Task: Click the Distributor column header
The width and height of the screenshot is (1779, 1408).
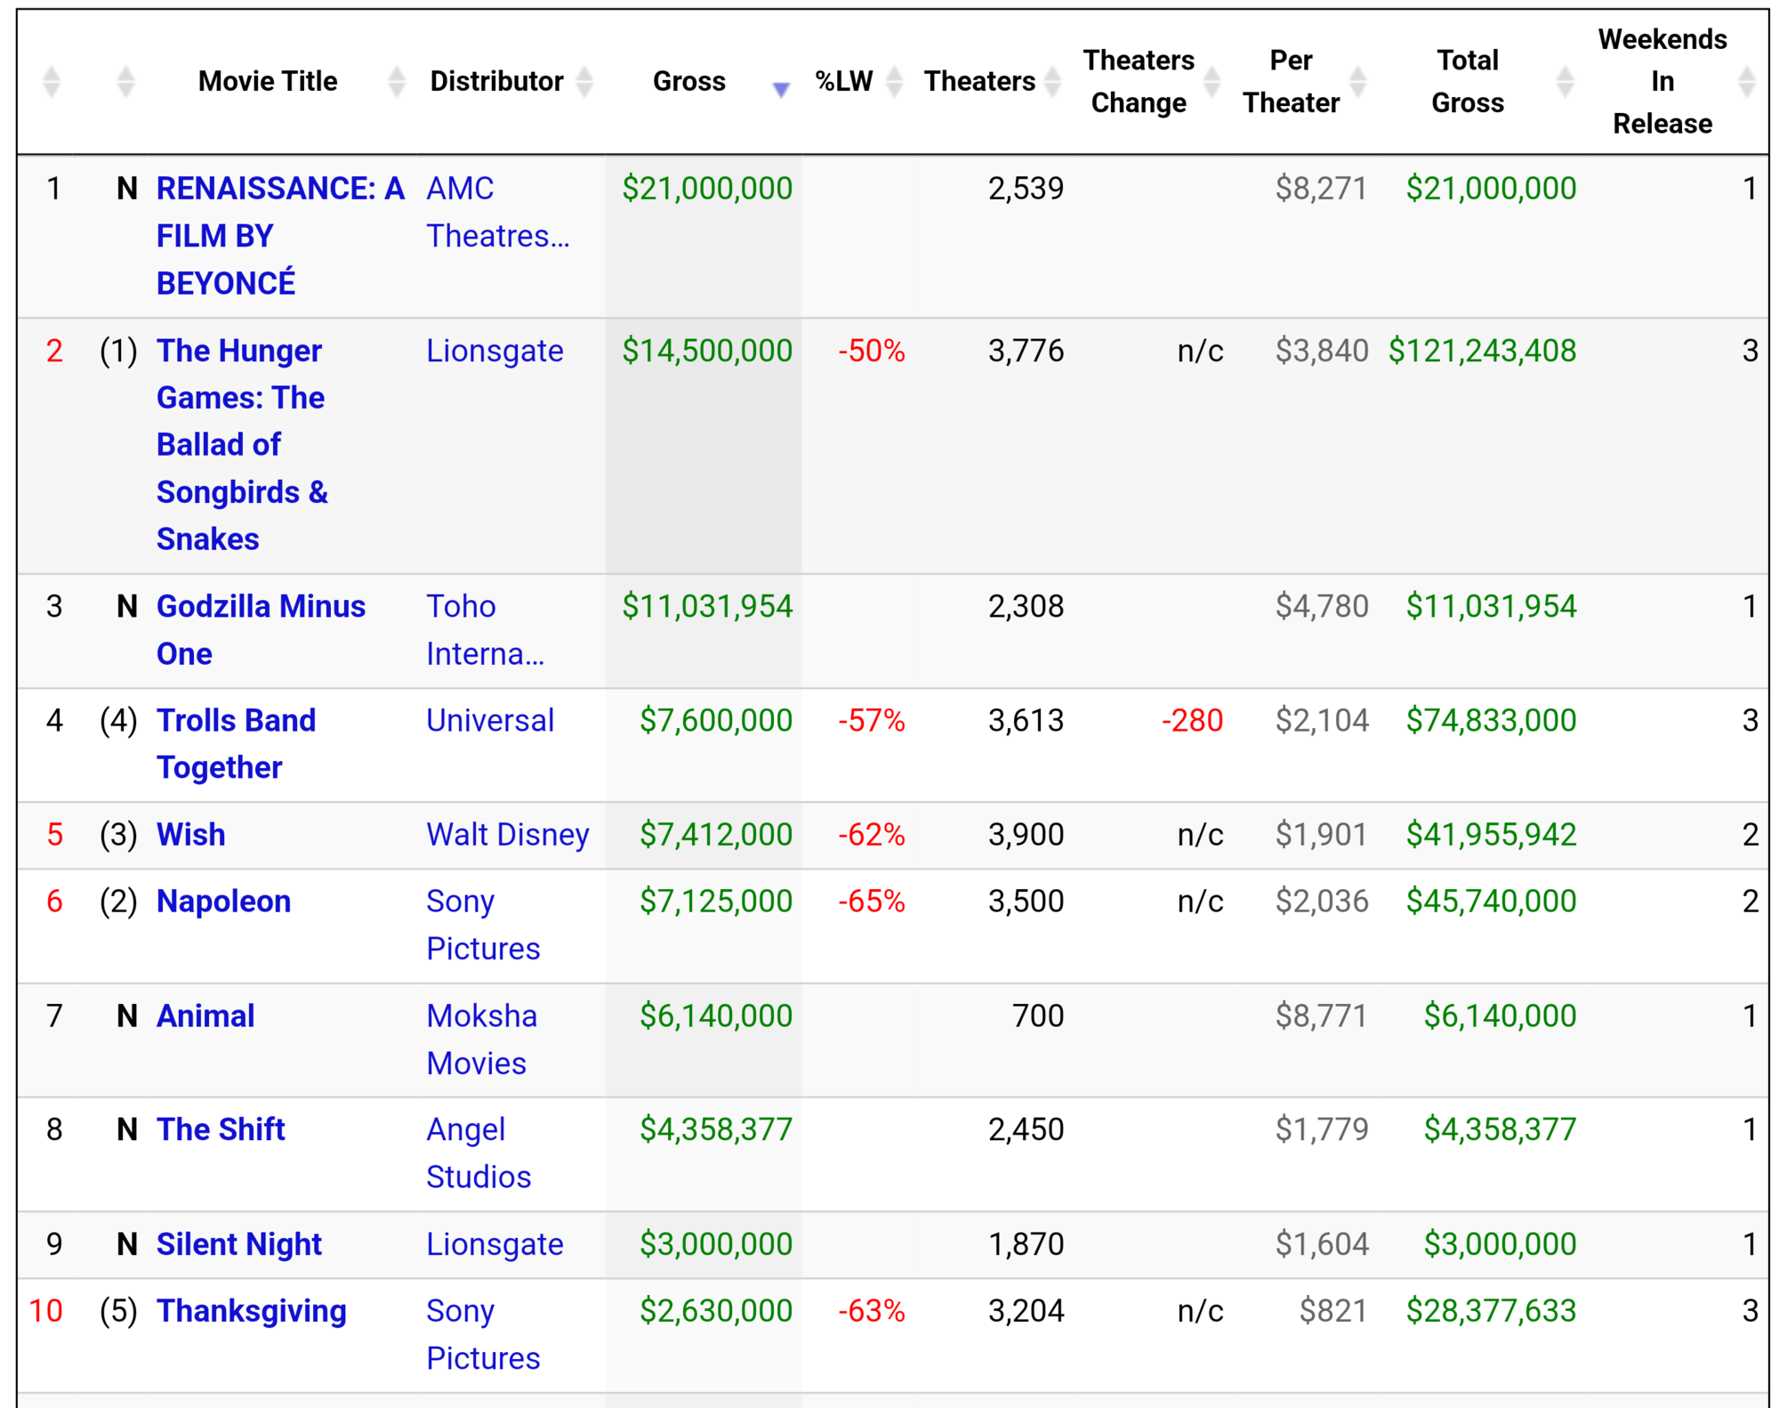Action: (496, 81)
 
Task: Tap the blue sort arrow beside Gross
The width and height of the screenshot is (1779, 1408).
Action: (781, 89)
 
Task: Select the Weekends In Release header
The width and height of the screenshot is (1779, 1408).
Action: (1662, 81)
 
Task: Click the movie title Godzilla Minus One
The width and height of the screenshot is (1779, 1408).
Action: (261, 629)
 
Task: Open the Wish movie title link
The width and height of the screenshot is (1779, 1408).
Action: (190, 834)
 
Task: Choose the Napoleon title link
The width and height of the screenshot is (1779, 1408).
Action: (223, 901)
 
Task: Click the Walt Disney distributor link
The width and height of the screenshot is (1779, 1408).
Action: (507, 834)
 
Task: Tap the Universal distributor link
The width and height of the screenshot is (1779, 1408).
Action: (490, 720)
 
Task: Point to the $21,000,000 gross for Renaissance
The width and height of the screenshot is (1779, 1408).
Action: (707, 188)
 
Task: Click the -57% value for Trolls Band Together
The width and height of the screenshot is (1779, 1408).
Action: (872, 720)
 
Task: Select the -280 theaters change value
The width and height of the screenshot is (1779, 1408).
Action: (1192, 720)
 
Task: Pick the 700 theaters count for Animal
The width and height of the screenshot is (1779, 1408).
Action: (1038, 1016)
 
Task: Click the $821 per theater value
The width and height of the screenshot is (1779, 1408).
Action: (1332, 1310)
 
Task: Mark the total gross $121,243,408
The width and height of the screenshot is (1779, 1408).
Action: (1482, 351)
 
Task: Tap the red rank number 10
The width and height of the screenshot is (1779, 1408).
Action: (46, 1310)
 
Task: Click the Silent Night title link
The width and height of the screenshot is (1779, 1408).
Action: (238, 1243)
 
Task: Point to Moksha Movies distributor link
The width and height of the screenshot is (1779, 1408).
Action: (481, 1039)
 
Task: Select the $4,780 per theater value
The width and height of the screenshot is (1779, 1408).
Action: (1322, 606)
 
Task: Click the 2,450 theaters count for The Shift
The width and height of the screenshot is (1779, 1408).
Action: (1026, 1129)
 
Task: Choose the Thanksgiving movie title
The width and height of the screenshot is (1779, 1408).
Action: (252, 1311)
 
